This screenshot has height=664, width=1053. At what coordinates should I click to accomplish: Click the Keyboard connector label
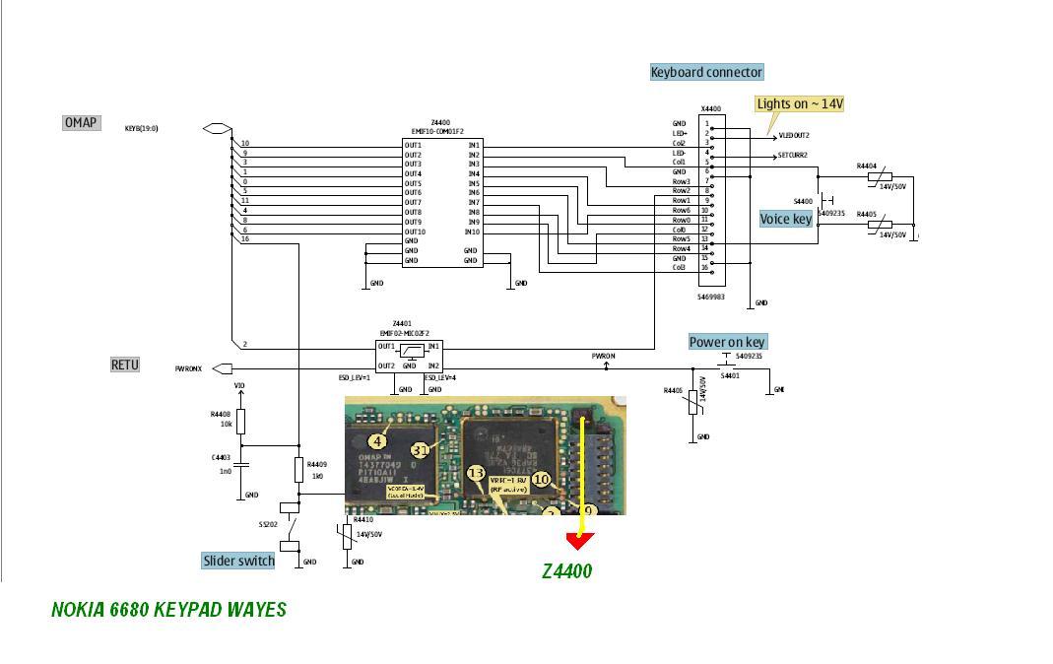pos(706,72)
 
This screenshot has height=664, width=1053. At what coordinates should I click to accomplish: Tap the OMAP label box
pos(81,123)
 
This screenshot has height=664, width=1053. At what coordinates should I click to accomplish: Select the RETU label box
pos(125,365)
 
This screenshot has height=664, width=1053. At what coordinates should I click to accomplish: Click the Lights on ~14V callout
pos(800,103)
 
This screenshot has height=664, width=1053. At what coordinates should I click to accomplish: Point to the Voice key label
pos(786,219)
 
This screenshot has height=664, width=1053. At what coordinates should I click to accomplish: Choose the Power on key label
pos(727,342)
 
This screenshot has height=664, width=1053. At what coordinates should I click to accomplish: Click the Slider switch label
pos(238,561)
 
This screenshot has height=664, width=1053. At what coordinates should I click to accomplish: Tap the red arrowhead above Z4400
pos(580,541)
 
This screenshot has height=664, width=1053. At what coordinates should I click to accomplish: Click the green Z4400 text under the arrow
pos(567,570)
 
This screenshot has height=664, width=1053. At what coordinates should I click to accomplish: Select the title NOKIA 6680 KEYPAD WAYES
pos(168,609)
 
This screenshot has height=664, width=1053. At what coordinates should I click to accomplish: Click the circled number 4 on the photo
pos(377,442)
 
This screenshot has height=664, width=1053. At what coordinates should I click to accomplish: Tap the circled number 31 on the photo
pos(421,450)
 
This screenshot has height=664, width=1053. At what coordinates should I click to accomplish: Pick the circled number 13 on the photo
pos(476,474)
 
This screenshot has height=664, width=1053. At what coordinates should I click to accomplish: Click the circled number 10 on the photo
pos(541,479)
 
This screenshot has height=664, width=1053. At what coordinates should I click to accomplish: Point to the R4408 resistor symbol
pos(240,423)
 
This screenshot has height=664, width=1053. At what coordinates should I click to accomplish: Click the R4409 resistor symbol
pos(298,469)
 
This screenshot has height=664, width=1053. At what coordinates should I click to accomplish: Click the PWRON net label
pos(603,356)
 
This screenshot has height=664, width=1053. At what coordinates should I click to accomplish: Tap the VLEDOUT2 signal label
pos(794,136)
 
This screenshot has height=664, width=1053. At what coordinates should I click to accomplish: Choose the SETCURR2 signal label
pos(792,155)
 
